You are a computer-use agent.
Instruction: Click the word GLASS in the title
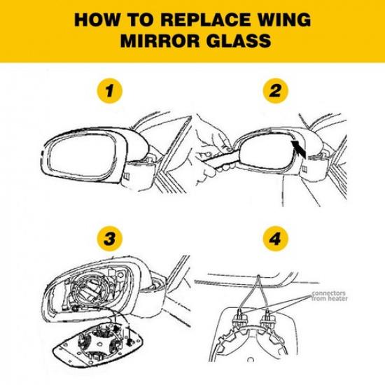coord(239,41)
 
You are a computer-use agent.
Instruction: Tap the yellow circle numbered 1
coord(109,91)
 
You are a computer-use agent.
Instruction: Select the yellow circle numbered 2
coord(275,91)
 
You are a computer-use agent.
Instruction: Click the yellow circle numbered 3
coord(109,239)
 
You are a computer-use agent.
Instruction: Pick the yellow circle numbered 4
coord(275,239)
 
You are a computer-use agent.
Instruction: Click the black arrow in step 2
coord(299,149)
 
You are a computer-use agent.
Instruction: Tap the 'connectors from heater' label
coord(330,296)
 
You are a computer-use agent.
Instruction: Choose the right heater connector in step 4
coord(267,319)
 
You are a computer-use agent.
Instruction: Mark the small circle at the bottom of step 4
coord(251,360)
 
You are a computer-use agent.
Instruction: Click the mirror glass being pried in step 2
coord(266,152)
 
